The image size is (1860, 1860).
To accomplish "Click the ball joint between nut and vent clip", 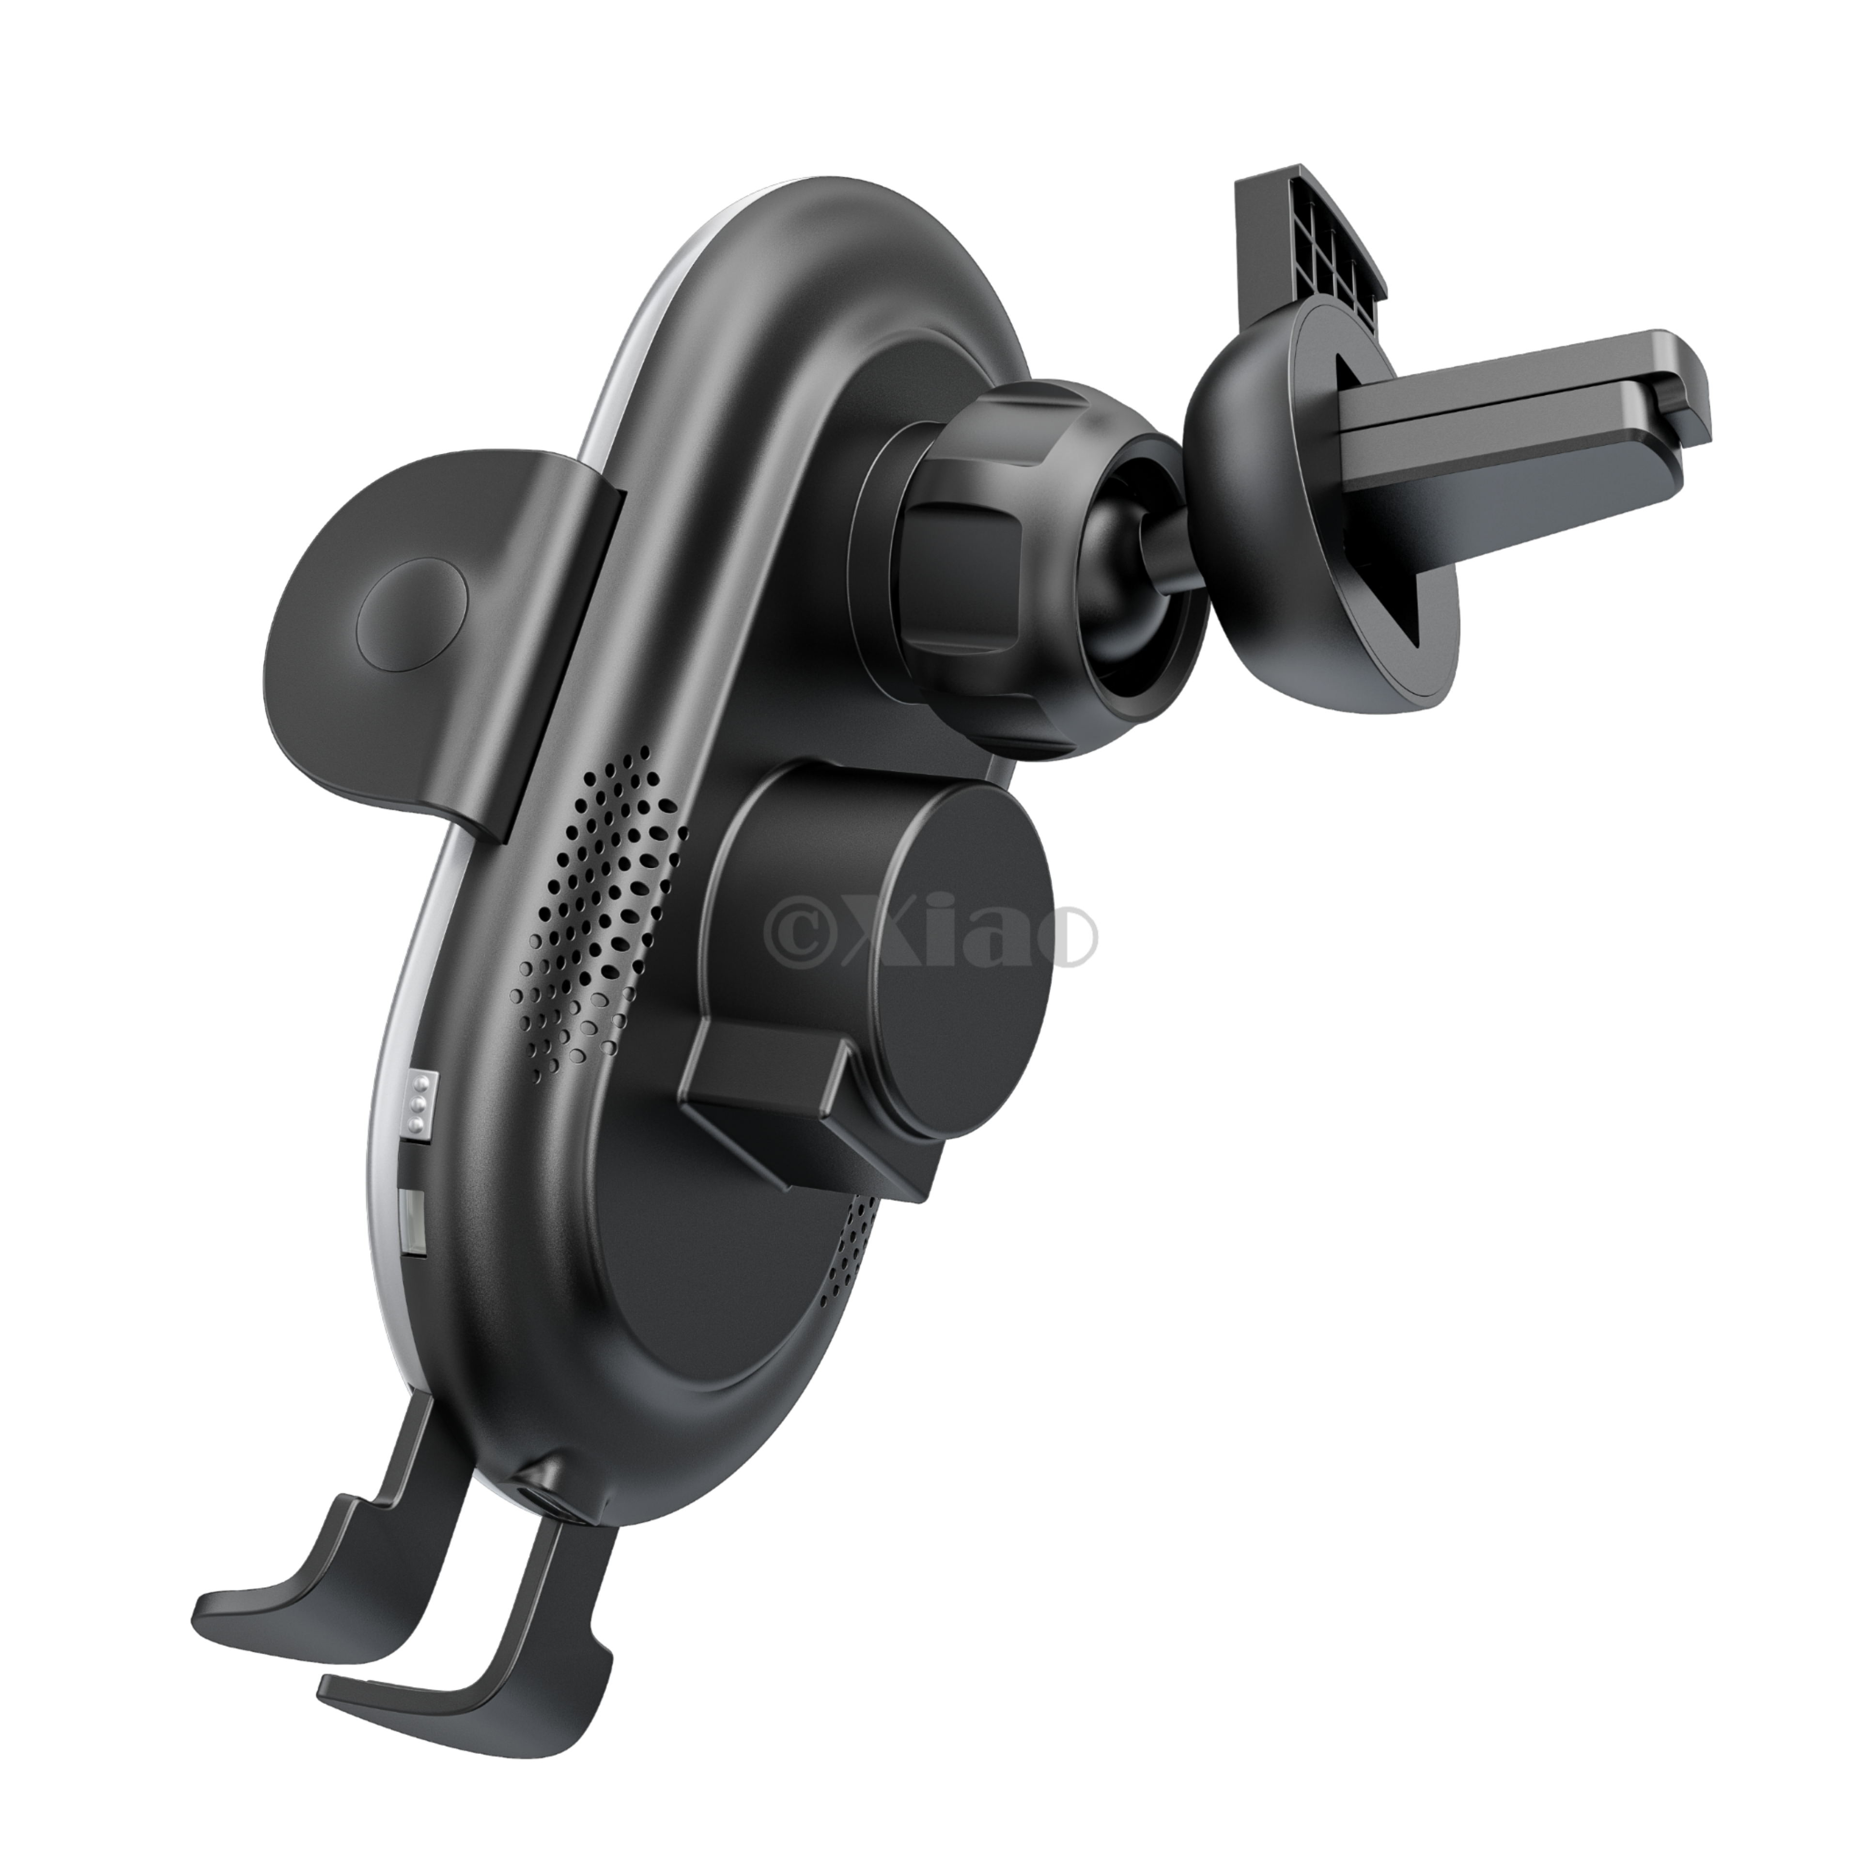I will click(1126, 578).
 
